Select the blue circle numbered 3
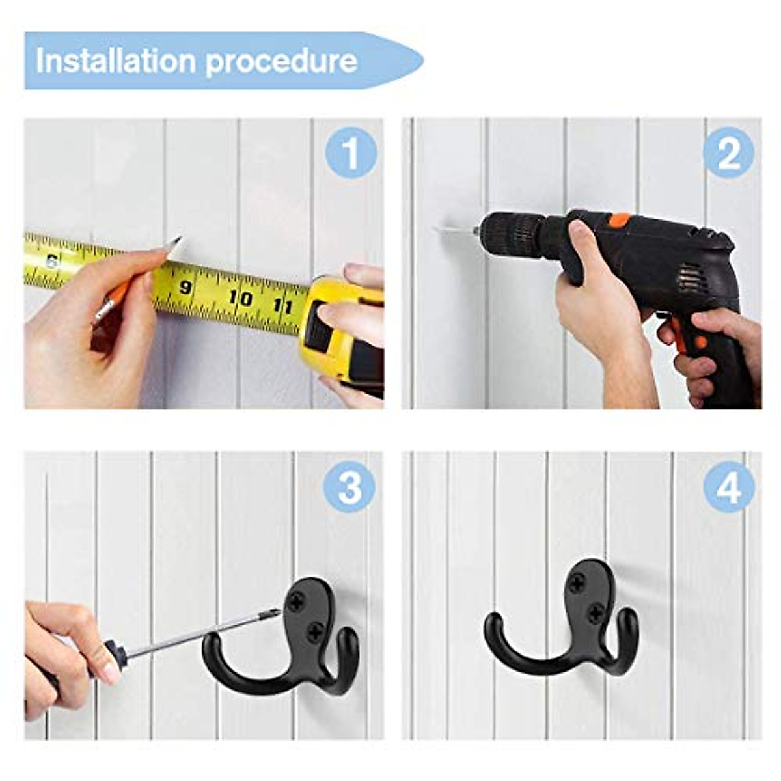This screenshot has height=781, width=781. pos(349,488)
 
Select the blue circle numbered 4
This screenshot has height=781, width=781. pos(728,488)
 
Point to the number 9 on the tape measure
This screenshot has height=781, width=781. pos(185,287)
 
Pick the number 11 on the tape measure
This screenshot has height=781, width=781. pos(282,305)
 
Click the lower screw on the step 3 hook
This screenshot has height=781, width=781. pos(315,629)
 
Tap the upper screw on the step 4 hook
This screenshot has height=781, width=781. pos(577,583)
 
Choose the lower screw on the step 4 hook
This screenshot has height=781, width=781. pos(596,611)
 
